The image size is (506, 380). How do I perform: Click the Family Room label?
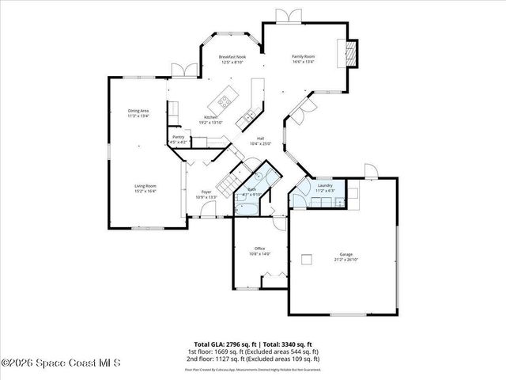pyautogui.click(x=304, y=57)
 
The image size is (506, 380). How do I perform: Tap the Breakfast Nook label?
pyautogui.click(x=232, y=57)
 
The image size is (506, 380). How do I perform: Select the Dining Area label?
pyautogui.click(x=138, y=111)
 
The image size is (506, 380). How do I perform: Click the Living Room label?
pyautogui.click(x=145, y=186)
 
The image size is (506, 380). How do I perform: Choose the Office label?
pyautogui.click(x=259, y=249)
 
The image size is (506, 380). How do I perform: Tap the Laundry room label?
pyautogui.click(x=325, y=186)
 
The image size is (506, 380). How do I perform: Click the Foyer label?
pyautogui.click(x=206, y=192)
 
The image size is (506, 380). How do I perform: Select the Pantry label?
pyautogui.click(x=179, y=137)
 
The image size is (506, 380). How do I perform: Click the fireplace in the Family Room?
pyautogui.click(x=349, y=54)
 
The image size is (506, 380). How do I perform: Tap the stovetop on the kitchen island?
pyautogui.click(x=225, y=101)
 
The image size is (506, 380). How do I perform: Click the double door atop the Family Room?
pyautogui.click(x=283, y=15)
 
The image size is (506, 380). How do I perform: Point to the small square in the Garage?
pyautogui.click(x=307, y=256)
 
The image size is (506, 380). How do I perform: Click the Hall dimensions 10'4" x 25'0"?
pyautogui.click(x=260, y=143)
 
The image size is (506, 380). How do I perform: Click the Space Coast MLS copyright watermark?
pyautogui.click(x=60, y=363)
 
